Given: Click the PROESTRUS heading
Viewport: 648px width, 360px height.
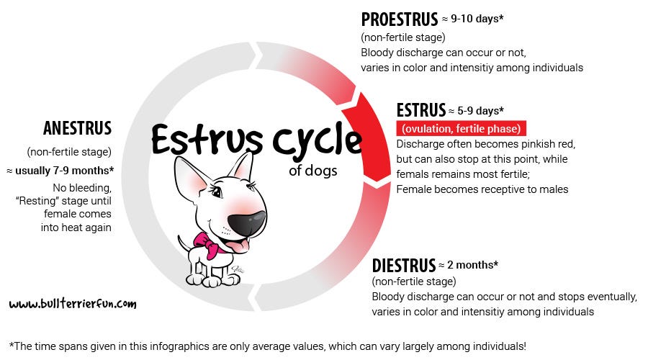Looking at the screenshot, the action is tap(399, 19).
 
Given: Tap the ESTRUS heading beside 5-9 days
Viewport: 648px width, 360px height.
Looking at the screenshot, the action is tap(420, 110).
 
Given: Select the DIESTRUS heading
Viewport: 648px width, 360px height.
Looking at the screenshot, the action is tap(404, 266).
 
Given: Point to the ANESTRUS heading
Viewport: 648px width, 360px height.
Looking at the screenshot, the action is tap(77, 128).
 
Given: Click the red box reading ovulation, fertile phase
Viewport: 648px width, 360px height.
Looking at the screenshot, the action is tap(462, 129).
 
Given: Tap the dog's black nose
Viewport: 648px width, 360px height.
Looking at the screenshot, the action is tap(246, 224).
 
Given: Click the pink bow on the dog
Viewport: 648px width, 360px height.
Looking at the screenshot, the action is tap(208, 244).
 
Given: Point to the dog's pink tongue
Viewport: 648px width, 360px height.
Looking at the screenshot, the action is tap(238, 247).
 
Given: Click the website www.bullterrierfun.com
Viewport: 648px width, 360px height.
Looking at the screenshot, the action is tap(73, 304).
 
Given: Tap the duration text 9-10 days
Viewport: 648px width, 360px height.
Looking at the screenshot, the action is tap(477, 19).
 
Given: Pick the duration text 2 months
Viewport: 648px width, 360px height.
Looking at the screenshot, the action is tap(472, 265).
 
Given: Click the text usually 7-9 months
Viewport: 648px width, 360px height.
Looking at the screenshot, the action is tap(65, 171).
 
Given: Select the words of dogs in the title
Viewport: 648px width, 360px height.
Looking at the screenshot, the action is tap(313, 171).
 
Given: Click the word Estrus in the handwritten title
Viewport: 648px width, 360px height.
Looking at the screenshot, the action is tap(207, 139).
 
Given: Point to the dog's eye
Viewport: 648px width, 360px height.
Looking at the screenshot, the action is tap(216, 191).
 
